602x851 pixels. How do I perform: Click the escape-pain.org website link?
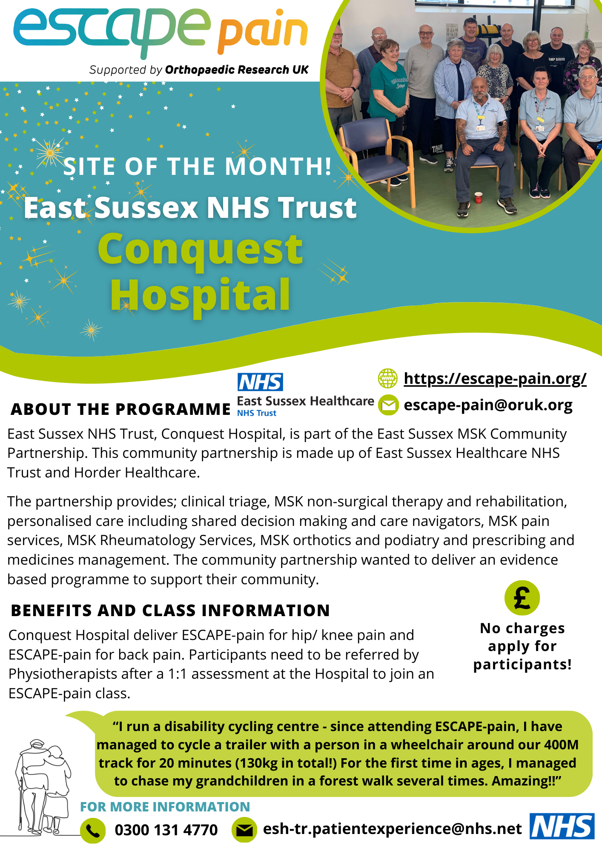click(495, 378)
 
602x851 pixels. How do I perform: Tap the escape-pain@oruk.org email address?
click(488, 405)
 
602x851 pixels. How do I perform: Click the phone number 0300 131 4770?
click(166, 830)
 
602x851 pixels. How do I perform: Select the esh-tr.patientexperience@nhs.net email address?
click(392, 829)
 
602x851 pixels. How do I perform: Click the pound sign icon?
click(522, 598)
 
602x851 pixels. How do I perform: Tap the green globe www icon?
click(388, 378)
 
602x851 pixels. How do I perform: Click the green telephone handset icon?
click(93, 830)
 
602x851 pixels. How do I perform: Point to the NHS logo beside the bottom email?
click(562, 826)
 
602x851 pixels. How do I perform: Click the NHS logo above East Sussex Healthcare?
click(260, 382)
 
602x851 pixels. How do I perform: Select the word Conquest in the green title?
click(201, 249)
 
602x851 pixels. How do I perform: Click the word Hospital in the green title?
click(201, 295)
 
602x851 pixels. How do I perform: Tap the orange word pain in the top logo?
click(263, 32)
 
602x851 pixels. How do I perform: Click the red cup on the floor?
click(479, 198)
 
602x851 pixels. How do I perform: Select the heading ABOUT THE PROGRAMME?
click(121, 409)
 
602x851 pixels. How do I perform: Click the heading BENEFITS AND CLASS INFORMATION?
click(170, 611)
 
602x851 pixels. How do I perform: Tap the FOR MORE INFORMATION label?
click(165, 807)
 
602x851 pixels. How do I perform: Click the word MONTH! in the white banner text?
click(278, 166)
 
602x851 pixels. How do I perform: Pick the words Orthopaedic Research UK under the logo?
click(237, 70)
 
